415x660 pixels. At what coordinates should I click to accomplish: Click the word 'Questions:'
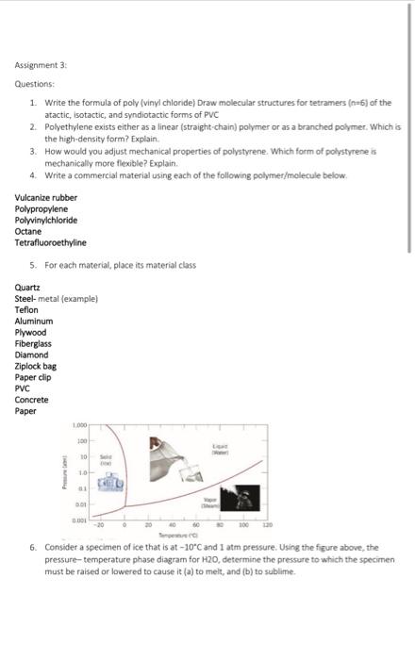(x=34, y=84)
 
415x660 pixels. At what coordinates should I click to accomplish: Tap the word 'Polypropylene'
(x=41, y=208)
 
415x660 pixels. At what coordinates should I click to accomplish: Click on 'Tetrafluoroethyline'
(x=50, y=242)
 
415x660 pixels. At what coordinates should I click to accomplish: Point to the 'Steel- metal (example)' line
(x=57, y=299)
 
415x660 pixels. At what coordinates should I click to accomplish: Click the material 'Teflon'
(x=27, y=310)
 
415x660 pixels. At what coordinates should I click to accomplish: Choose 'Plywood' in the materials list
(x=31, y=333)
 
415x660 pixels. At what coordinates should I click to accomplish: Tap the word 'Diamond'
(x=33, y=355)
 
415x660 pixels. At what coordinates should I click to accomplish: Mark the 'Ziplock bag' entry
(x=36, y=367)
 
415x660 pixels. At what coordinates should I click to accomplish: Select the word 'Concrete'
(x=32, y=400)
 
